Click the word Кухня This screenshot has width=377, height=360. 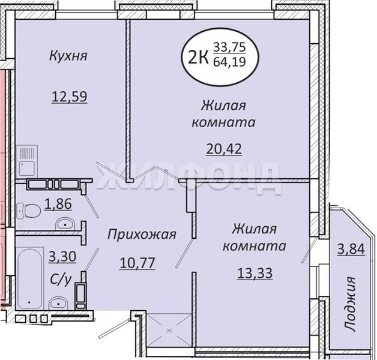68,56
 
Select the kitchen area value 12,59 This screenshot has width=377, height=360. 69,97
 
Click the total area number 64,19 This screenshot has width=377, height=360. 229,62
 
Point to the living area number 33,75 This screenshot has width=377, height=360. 229,47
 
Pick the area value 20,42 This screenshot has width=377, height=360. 224,149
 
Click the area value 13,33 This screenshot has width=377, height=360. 255,273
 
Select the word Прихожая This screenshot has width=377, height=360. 142,235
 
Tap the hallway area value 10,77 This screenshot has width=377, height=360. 137,263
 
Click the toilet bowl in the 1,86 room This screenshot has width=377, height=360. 29,210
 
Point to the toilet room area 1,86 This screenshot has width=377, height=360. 58,204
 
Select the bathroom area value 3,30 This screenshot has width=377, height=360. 62,256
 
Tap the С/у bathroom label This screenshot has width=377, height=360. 61,280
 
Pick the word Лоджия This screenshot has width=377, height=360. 350,304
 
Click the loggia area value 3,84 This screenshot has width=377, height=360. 351,249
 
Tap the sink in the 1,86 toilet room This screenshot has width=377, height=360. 65,224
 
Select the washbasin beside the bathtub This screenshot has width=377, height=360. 59,303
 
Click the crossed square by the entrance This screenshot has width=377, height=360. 169,330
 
